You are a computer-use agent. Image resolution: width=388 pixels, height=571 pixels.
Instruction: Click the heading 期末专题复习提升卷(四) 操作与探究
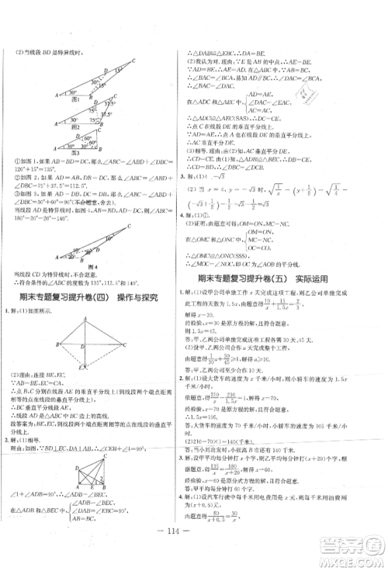[97, 297]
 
